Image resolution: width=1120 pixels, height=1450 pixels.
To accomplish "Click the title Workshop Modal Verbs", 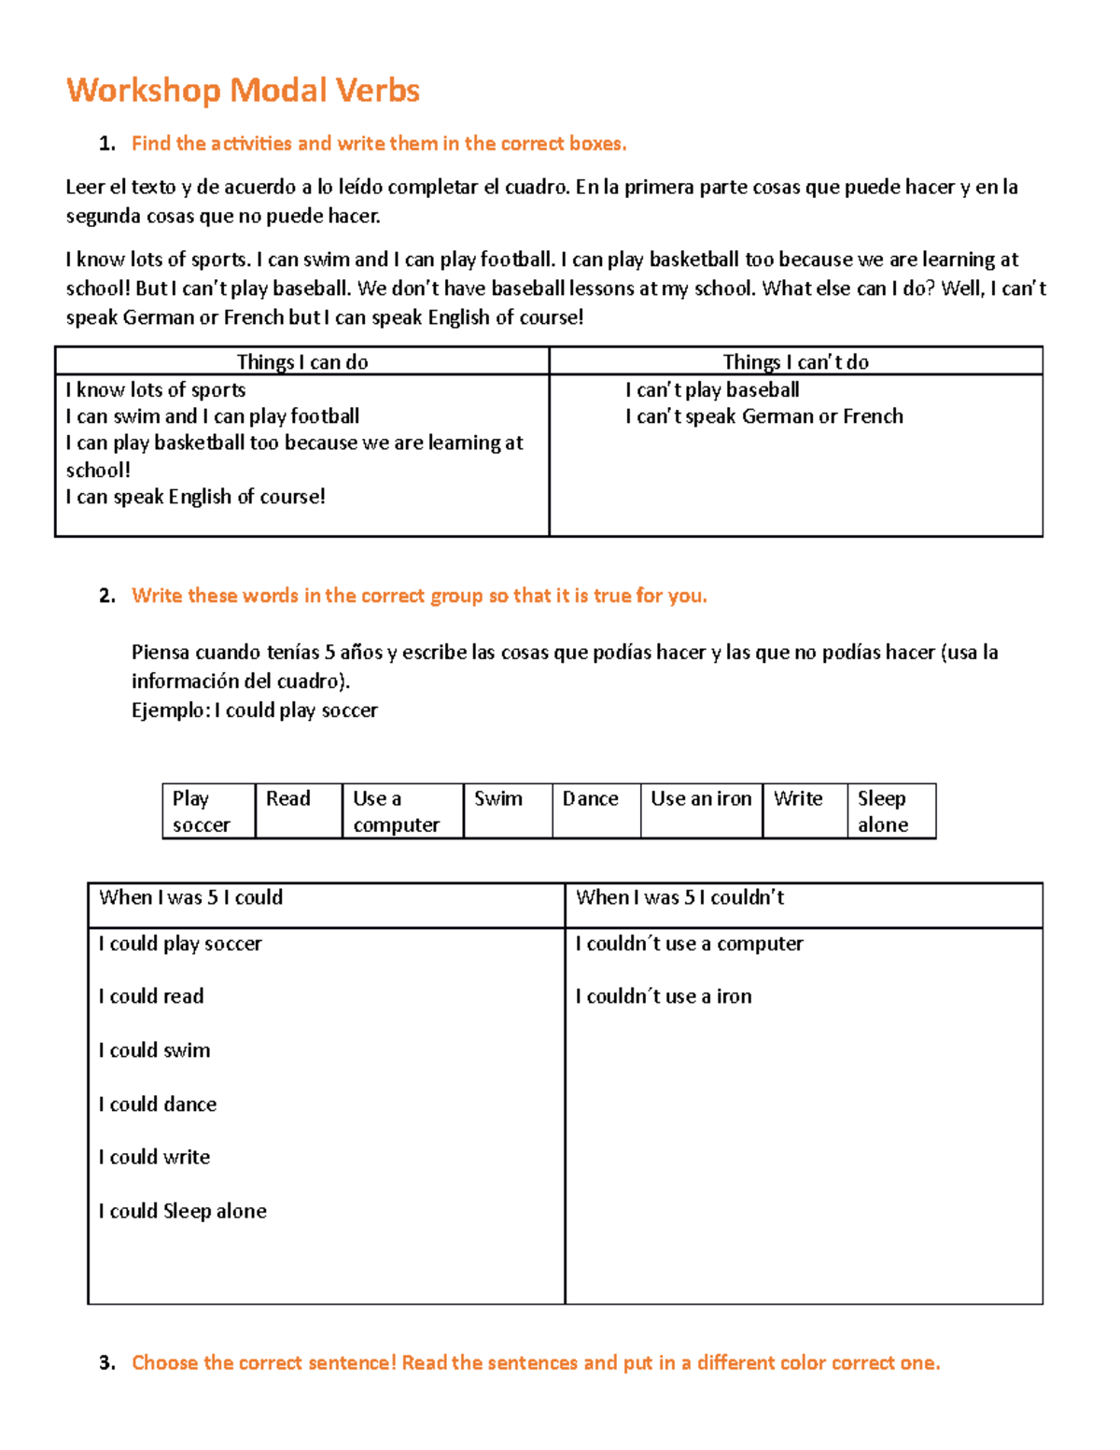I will point(243,91).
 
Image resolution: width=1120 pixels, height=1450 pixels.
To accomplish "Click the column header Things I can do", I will point(302,362).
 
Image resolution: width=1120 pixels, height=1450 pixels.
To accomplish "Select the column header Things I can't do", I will point(795,362).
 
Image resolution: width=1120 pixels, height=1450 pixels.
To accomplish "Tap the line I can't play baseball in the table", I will point(712,390).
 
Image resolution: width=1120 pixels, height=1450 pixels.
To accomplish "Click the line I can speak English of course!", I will point(195,497).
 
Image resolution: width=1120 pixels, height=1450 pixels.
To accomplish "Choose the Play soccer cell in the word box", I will point(208,811).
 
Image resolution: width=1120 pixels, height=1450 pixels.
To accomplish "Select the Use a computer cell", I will point(401,811).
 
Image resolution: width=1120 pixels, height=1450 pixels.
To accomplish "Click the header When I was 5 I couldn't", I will point(679,898).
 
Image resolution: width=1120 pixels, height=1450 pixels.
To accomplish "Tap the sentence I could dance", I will point(158,1105).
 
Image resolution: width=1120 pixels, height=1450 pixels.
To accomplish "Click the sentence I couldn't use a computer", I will point(689,944).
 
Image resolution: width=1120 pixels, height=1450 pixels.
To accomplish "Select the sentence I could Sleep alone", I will point(183,1211).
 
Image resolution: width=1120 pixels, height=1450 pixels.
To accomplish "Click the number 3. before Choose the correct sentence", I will point(107,1363).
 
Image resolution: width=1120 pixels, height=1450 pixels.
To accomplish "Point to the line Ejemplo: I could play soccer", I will point(254,711).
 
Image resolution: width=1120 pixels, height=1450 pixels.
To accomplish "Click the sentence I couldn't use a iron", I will point(664,996).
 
